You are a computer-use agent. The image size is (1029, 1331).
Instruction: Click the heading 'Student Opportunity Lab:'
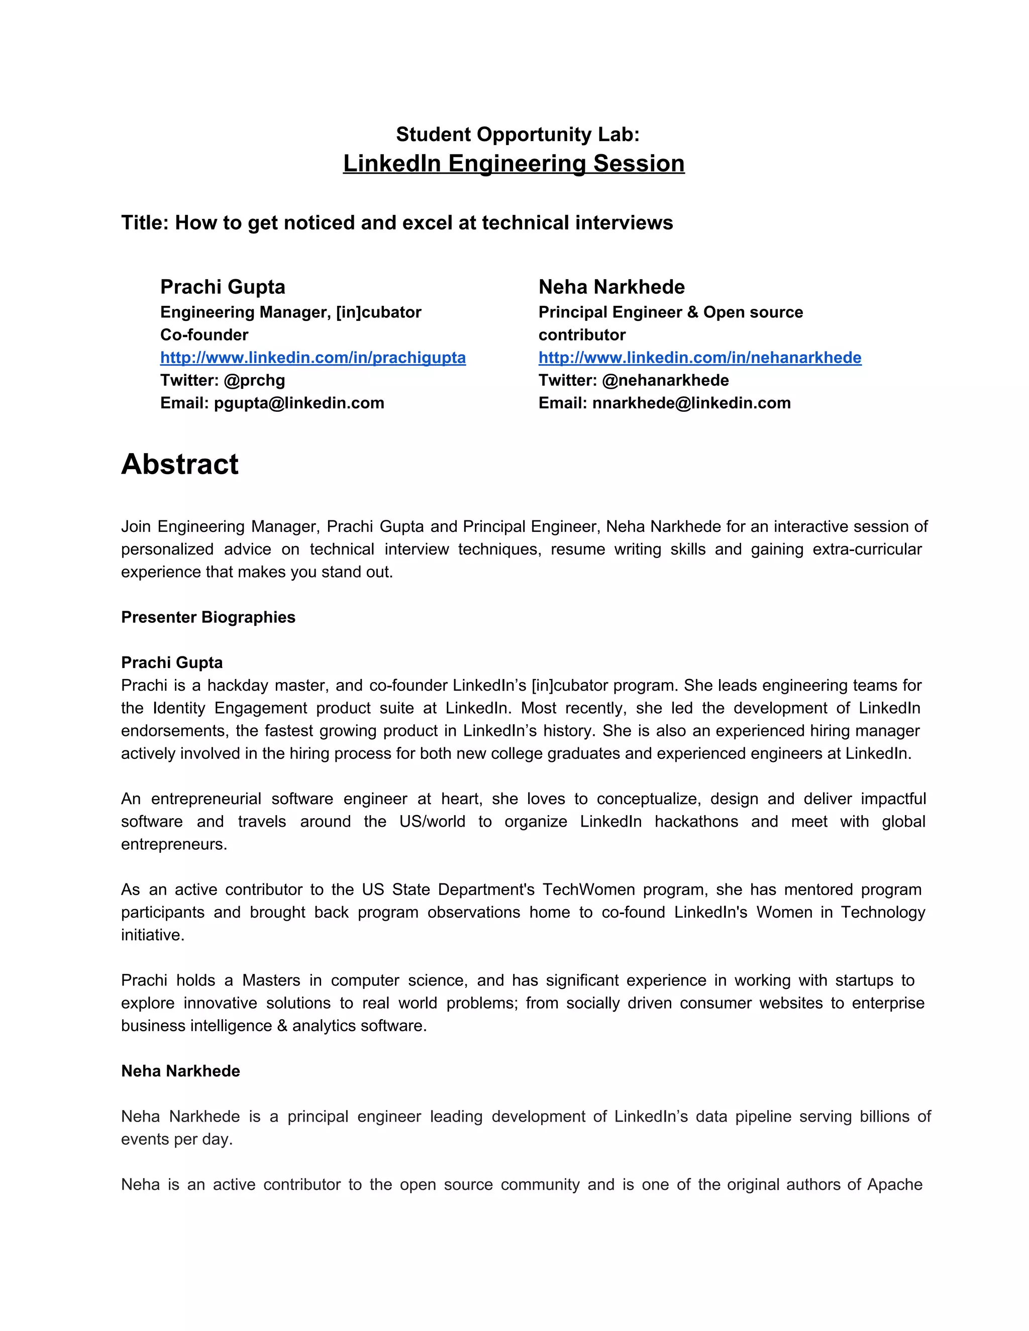pos(518,134)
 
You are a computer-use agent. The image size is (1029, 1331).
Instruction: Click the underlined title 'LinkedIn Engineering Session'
pos(513,163)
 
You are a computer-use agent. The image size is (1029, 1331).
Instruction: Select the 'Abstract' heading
pos(180,465)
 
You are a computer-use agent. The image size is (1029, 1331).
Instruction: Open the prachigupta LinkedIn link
pos(313,358)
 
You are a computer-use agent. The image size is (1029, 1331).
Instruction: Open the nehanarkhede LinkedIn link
pos(699,358)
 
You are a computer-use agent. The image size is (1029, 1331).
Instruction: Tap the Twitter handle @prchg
pos(254,380)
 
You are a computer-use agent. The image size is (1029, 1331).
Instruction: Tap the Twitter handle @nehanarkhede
pos(665,380)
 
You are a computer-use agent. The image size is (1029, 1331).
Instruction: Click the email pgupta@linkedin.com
pos(299,403)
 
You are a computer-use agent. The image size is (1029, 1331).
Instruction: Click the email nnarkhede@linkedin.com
pos(691,403)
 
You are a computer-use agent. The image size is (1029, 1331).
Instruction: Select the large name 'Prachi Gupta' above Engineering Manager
pos(223,287)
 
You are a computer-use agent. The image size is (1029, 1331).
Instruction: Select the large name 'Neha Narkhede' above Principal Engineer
pos(611,287)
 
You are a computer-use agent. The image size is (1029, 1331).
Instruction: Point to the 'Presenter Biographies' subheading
pos(208,617)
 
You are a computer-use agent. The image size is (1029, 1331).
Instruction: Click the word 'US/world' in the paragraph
pos(432,822)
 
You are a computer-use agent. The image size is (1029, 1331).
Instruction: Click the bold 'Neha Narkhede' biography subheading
pos(180,1071)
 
